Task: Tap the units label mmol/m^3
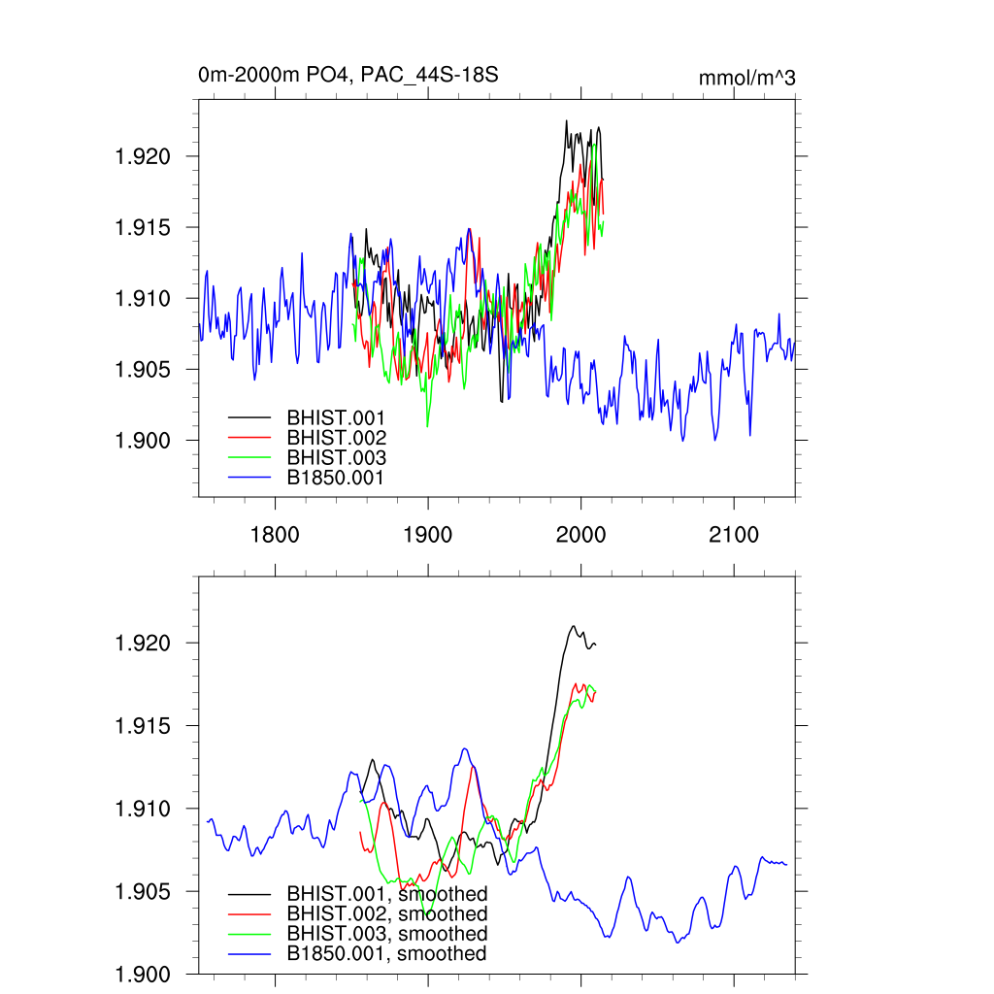pos(746,79)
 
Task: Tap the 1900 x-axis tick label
pos(428,535)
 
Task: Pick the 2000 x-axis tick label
pos(580,535)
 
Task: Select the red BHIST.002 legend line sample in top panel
pos(249,438)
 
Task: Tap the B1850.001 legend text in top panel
pos(336,478)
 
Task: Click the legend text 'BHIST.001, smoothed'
pos(386,893)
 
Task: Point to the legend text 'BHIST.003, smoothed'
pos(386,934)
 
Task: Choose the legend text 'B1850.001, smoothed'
pos(386,954)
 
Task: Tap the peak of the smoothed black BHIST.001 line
pos(574,626)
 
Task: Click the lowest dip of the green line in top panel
pos(427,426)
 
